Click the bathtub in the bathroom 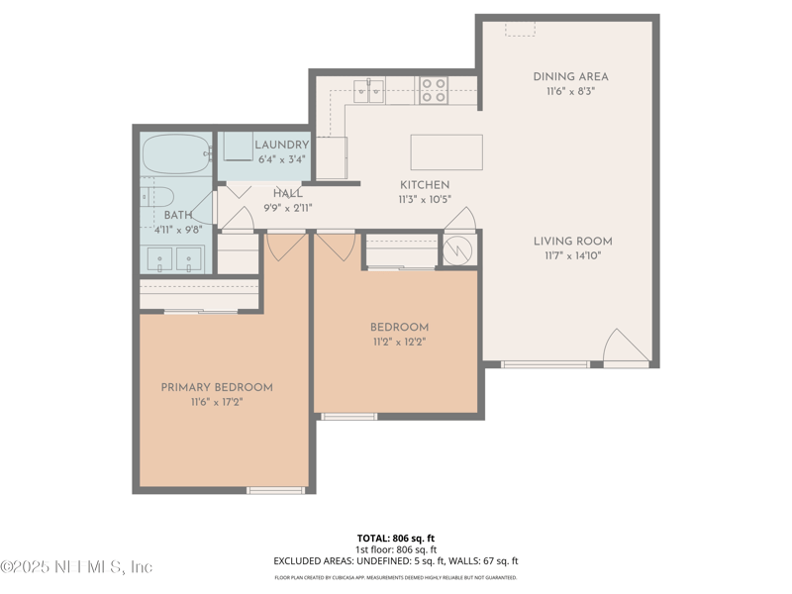coord(175,154)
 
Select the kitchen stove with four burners coord(434,90)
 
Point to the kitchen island coord(446,152)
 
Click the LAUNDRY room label coord(281,145)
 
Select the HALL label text coord(288,194)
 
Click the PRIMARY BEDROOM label coord(217,387)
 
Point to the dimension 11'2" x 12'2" coord(399,343)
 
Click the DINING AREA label coord(570,76)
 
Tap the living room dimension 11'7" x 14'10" coord(572,256)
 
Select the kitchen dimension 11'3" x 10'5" coord(425,199)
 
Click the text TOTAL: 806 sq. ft coord(396,538)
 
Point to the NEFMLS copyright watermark coord(76,567)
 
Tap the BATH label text coord(178,215)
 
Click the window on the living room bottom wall coord(545,364)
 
